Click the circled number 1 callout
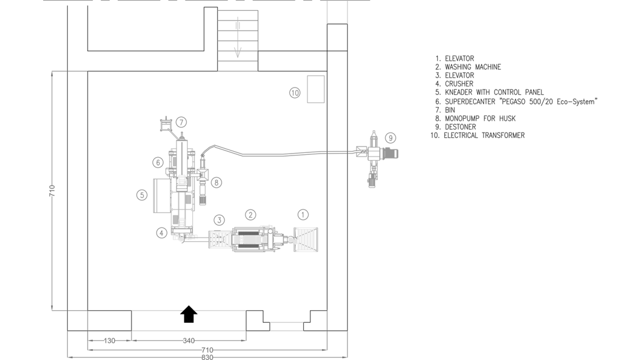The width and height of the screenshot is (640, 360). [303, 215]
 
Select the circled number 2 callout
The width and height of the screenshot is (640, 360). [250, 215]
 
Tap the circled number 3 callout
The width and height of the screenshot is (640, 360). [219, 220]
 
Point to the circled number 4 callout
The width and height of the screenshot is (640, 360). [162, 232]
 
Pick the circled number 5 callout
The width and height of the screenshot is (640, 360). [142, 194]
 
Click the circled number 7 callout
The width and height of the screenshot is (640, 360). [181, 122]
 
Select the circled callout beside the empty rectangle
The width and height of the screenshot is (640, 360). [294, 92]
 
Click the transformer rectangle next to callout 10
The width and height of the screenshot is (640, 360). [315, 89]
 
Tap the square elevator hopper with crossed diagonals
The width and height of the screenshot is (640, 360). [306, 239]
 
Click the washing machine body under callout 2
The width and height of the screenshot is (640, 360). [250, 239]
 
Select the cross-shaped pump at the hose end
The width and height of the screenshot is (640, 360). [373, 154]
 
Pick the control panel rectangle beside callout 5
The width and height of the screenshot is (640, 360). [160, 195]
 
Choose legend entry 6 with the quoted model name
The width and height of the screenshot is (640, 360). [516, 101]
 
